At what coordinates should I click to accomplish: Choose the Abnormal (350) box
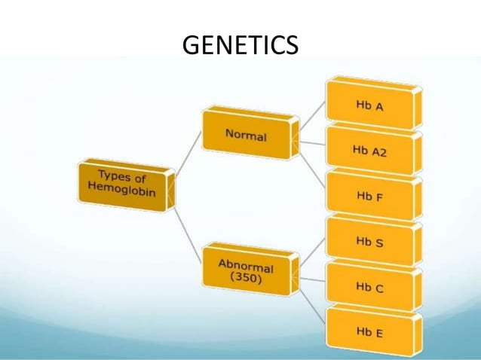[x=246, y=270]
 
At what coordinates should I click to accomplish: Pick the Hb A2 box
[x=369, y=150]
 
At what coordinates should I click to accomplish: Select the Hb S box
[x=369, y=242]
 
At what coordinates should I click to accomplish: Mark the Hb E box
[x=369, y=331]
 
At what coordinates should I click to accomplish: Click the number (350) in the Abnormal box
[x=246, y=277]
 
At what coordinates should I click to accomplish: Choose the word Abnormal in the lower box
[x=246, y=265]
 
